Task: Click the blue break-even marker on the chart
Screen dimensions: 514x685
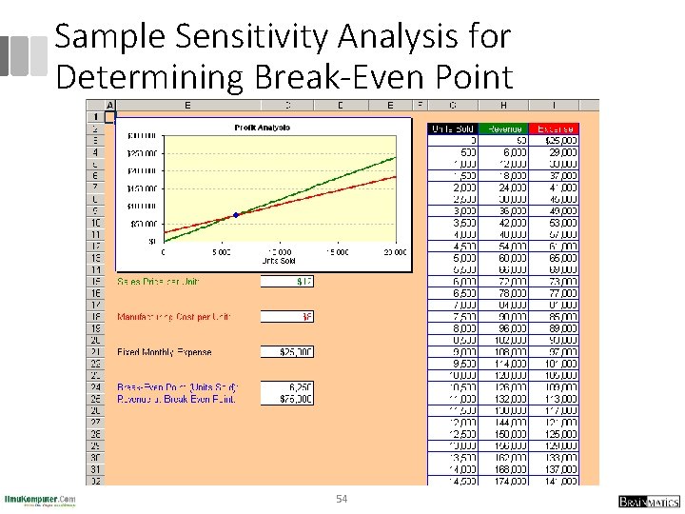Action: coord(236,214)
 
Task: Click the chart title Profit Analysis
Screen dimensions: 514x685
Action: coord(262,128)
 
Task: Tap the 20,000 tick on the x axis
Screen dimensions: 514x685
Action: coord(394,252)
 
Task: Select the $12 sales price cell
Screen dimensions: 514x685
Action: coord(287,282)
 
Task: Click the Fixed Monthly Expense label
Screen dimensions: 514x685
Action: coord(165,352)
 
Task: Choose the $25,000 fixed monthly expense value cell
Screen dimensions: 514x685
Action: coord(287,352)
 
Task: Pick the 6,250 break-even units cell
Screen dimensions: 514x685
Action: coord(287,387)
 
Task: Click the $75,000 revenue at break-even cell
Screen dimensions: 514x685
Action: coord(287,399)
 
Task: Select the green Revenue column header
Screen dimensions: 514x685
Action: coord(504,128)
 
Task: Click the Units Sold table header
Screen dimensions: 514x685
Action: coord(454,128)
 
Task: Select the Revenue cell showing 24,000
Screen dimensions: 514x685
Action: coord(504,188)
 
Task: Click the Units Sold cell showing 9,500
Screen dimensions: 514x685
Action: coord(454,364)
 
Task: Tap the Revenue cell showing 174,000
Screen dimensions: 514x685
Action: coord(504,481)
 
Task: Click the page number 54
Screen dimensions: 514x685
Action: coord(342,500)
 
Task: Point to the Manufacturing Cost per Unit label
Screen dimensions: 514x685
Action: coord(174,317)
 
